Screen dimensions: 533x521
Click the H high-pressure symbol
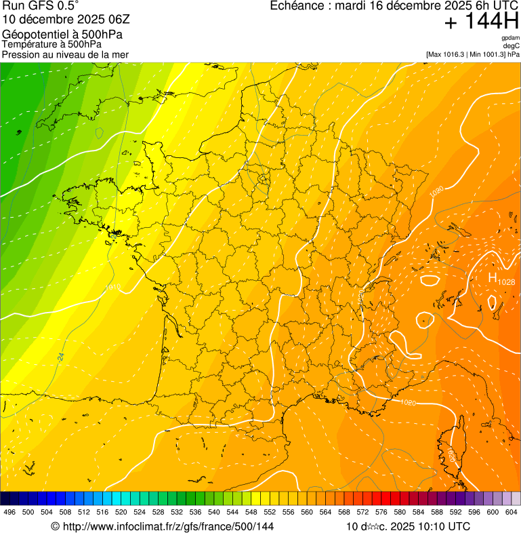493,277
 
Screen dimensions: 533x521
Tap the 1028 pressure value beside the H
506,281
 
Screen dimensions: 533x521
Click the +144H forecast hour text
482,22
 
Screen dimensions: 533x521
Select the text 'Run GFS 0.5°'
41,6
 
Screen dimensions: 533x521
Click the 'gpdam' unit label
510,38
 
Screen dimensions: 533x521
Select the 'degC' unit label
512,45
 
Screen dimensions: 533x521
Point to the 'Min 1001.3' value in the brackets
486,54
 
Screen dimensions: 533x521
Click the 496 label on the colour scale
9,512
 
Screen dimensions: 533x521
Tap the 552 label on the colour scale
270,512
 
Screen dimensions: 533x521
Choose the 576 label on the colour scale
381,512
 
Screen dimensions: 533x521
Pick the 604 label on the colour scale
512,512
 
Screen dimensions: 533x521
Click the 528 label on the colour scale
158,512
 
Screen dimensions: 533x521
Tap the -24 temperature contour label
61,355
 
